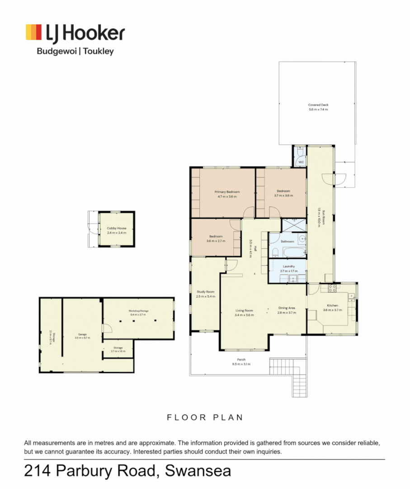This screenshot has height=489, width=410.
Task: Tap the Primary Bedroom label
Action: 227,192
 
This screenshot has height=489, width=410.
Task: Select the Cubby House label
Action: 117,228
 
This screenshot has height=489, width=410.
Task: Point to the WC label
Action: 300,162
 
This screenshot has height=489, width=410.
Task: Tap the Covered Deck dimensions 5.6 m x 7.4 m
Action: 318,110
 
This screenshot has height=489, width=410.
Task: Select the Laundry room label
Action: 288,266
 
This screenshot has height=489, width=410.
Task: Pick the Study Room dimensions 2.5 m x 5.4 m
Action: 206,296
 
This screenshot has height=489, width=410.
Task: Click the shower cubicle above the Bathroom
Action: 293,225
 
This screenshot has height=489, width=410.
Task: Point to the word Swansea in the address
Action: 198,471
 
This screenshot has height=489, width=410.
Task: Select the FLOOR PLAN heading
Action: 205,417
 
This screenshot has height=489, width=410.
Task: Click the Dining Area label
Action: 287,308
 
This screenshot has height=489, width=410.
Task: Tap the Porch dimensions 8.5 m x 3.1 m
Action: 241,364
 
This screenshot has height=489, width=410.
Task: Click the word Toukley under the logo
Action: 98,51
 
